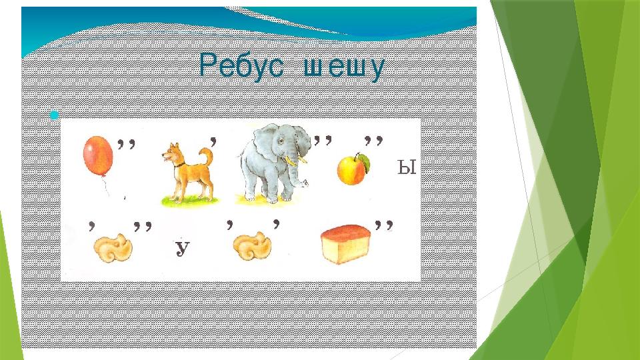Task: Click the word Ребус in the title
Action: pos(241,66)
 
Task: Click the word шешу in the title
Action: pos(344,68)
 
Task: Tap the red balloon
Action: pos(98,156)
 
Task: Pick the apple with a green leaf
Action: pos(353,169)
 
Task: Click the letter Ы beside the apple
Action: pos(407,167)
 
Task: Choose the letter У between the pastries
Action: pos(183,248)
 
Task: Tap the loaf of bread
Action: pos(346,244)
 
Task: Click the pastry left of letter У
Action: pos(113,248)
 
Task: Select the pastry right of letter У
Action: pos(252,246)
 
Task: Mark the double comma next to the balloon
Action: pos(126,144)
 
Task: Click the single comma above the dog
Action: pos(213,142)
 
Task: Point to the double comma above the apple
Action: pos(373,141)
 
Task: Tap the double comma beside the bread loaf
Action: pos(384,226)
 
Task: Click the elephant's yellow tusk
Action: pos(291,161)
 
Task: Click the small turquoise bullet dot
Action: pos(54,115)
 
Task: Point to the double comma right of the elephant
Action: pos(323,141)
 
